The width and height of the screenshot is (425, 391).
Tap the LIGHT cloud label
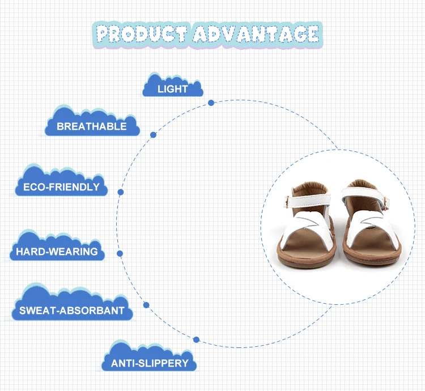[173, 88]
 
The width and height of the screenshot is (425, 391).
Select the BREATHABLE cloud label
[92, 126]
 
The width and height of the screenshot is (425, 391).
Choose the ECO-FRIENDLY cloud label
[61, 186]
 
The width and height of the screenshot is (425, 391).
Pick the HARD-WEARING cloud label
[57, 251]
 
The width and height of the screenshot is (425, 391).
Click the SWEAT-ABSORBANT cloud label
[72, 310]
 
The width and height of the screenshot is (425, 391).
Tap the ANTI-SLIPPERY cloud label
[149, 362]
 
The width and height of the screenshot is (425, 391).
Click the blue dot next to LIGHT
[211, 103]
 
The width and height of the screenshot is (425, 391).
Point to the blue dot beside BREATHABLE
[153, 135]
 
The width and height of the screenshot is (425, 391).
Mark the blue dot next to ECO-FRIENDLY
[121, 192]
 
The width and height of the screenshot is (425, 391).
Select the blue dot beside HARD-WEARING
[120, 253]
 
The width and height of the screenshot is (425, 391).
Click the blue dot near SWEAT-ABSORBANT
[146, 305]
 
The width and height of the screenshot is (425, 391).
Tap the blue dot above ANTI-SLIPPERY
[196, 339]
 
